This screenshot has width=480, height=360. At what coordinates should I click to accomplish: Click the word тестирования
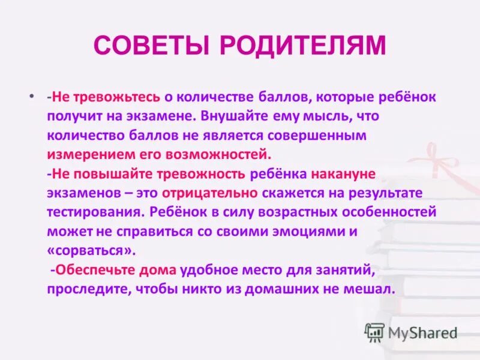coord(95,212)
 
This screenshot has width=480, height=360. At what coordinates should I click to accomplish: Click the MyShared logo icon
coord(375,332)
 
